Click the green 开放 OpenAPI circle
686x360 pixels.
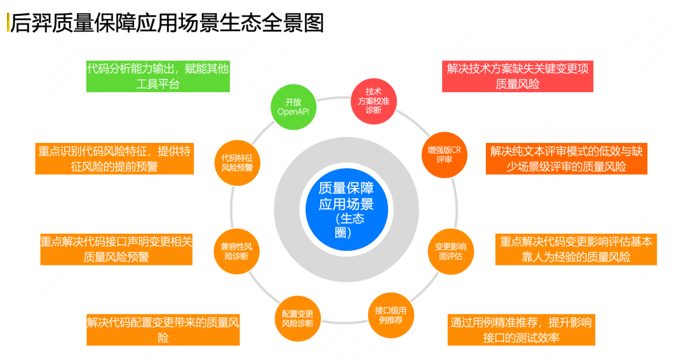pos(293,107)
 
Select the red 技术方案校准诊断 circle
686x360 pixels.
pos(373,102)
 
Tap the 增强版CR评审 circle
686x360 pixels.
pos(444,155)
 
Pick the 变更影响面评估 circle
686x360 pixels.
pos(450,251)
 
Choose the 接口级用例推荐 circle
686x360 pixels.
pos(391,316)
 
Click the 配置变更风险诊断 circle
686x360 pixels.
pos(297,319)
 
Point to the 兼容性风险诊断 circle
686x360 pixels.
pos(237,251)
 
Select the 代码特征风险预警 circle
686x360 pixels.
pos(237,163)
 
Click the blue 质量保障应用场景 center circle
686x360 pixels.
pos(347,210)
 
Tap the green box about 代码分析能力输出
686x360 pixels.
pos(158,76)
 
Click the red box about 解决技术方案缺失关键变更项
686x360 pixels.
pos(518,76)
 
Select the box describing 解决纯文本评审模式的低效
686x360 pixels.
pos(567,159)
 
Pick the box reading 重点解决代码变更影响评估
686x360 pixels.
pos(576,250)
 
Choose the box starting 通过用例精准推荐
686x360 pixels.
pos(521,330)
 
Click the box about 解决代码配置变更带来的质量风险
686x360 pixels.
pos(163,330)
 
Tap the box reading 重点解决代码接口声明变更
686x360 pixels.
pos(116,250)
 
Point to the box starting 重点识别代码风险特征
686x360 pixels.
pos(114,159)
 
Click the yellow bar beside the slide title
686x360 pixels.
pos(8,22)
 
